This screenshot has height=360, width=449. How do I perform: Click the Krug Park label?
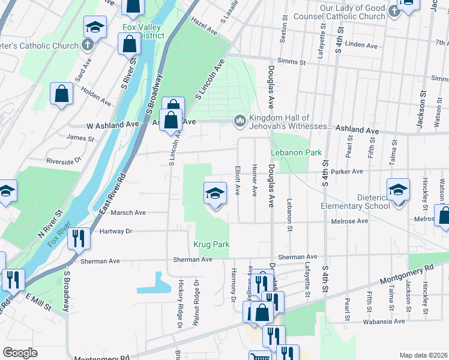[212, 245]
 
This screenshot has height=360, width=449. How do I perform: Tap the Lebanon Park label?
[295, 153]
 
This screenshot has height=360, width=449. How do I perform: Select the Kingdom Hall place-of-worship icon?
[240, 122]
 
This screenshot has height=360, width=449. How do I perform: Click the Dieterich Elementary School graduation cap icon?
[397, 191]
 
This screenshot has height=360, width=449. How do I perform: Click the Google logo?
[20, 353]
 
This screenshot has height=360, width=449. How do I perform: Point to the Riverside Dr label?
[64, 161]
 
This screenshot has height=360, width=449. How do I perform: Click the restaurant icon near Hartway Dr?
[79, 239]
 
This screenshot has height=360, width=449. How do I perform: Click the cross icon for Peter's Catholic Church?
[88, 45]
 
